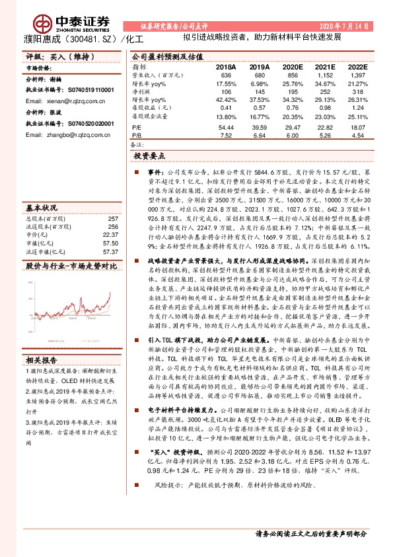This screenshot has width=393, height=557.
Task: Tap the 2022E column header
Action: [x=357, y=67]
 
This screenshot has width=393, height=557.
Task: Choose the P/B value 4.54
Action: [x=357, y=135]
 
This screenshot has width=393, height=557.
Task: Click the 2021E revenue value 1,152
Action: [x=326, y=75]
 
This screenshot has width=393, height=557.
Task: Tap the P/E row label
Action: [x=137, y=127]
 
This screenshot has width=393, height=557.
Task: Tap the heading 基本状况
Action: [x=41, y=208]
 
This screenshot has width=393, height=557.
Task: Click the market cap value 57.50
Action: [x=110, y=243]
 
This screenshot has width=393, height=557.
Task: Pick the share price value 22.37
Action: [x=110, y=235]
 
